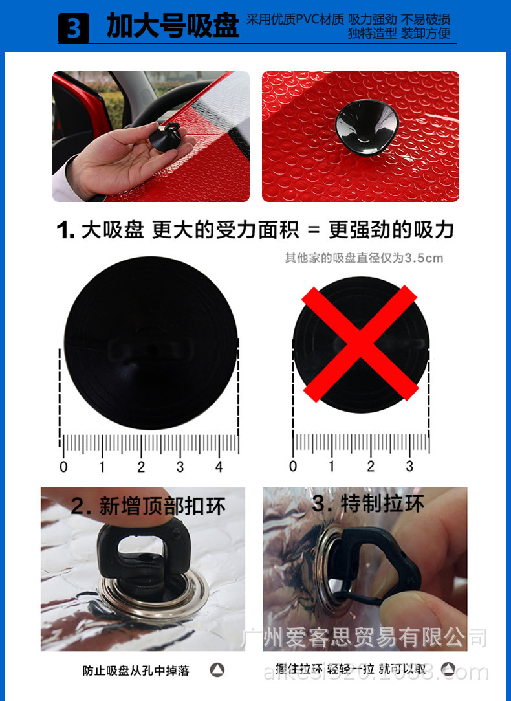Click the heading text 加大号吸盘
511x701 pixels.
(173, 27)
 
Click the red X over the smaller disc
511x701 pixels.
(361, 344)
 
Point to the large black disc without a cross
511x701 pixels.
(150, 343)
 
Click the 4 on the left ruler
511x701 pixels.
(219, 467)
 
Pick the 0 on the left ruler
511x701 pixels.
(63, 467)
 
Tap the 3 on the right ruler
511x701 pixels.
(409, 466)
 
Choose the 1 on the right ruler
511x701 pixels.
(332, 466)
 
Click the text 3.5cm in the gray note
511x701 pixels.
(424, 258)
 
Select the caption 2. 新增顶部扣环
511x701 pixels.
(148, 506)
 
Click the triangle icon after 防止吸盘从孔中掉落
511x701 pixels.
(217, 671)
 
